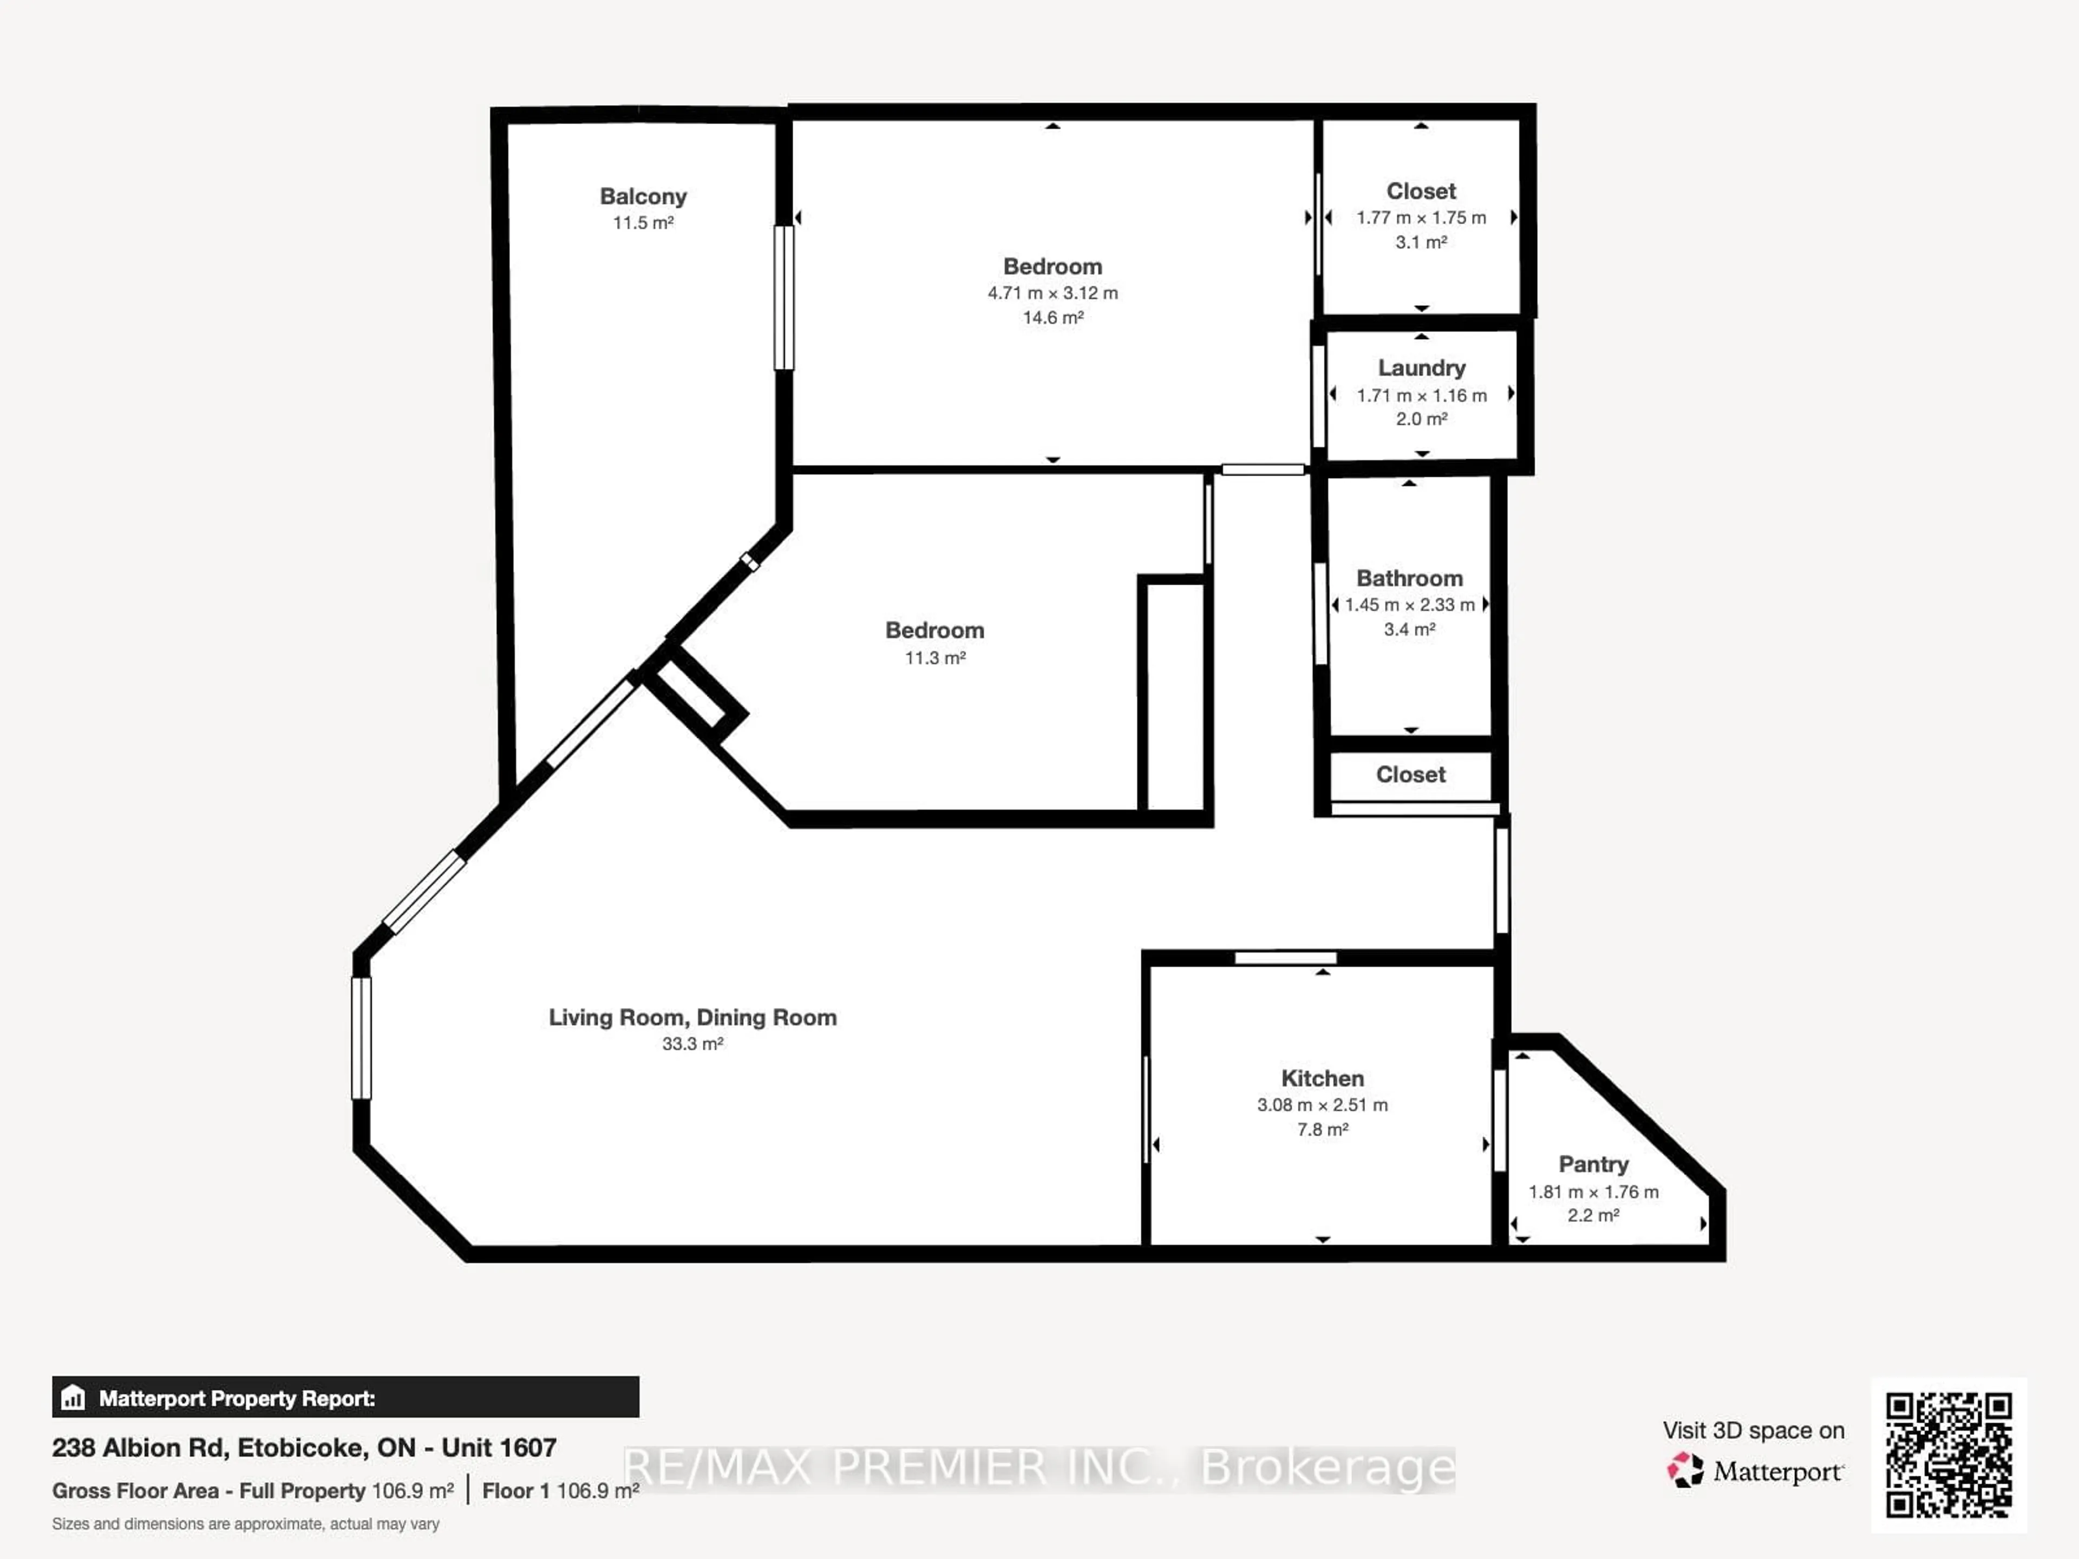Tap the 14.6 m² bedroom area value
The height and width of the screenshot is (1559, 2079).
click(x=1052, y=318)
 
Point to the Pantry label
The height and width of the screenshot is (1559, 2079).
click(x=1593, y=1164)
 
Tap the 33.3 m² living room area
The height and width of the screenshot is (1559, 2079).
click(x=692, y=1044)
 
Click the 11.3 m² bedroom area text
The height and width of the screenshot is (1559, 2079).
click(x=934, y=658)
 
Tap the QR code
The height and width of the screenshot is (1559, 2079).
click(x=1949, y=1454)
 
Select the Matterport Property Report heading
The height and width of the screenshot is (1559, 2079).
click(x=237, y=1398)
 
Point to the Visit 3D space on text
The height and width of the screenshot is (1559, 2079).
click(x=1753, y=1430)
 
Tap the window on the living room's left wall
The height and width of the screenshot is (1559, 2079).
click(x=361, y=1038)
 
